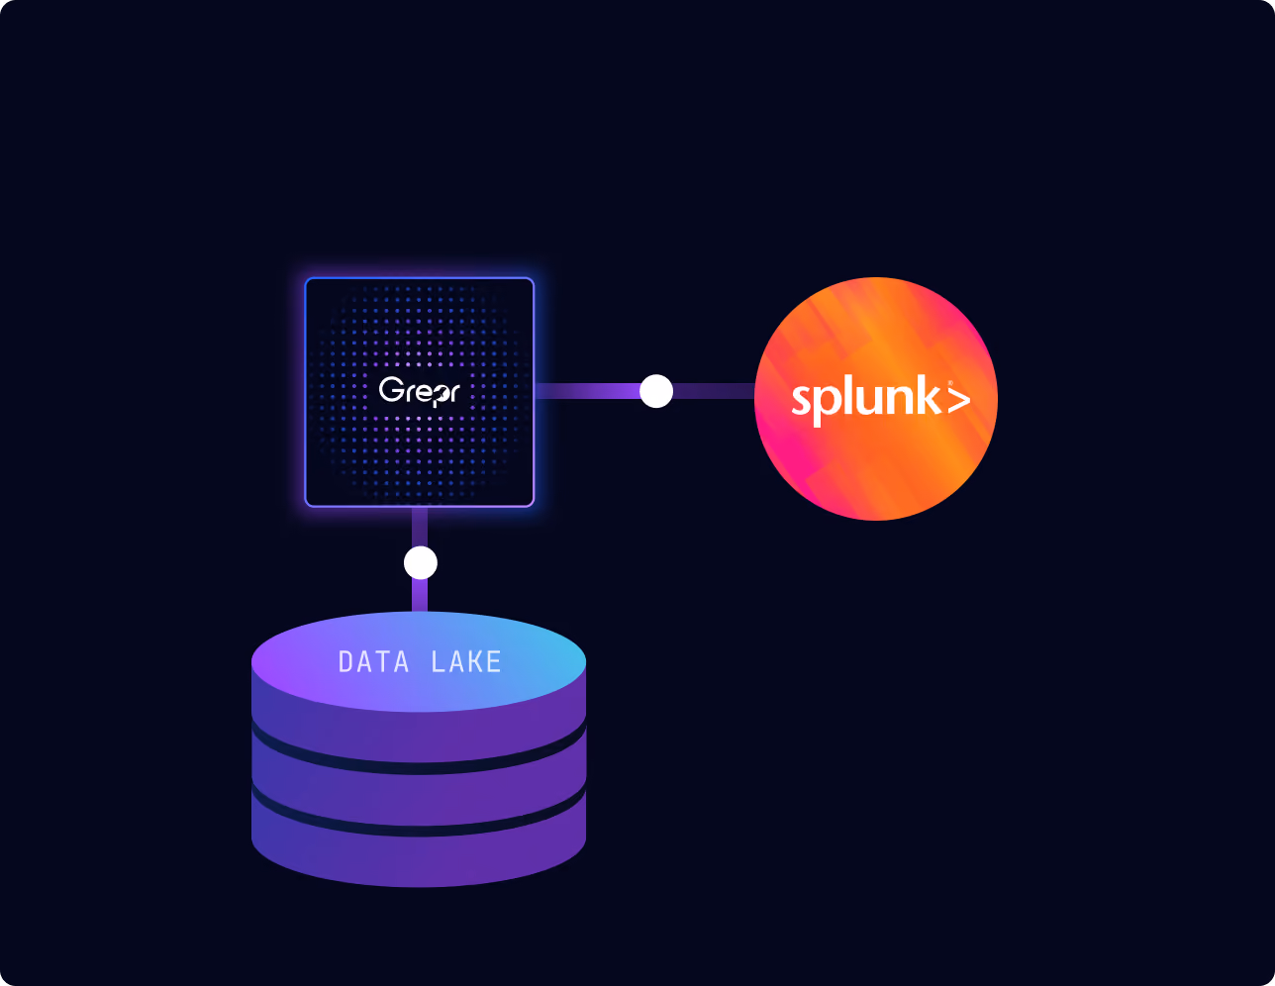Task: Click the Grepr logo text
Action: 419,391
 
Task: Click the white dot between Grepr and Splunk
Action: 656,391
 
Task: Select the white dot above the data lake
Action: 420,562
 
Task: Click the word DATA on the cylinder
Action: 374,662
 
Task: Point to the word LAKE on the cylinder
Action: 466,661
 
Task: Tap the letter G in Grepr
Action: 390,389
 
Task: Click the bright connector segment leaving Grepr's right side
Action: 587,391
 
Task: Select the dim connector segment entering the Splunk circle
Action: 714,391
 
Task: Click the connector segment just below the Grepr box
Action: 420,527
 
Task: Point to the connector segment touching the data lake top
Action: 420,596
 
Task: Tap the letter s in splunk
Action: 800,401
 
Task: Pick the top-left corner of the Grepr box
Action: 306,278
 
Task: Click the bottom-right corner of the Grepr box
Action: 534,506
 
